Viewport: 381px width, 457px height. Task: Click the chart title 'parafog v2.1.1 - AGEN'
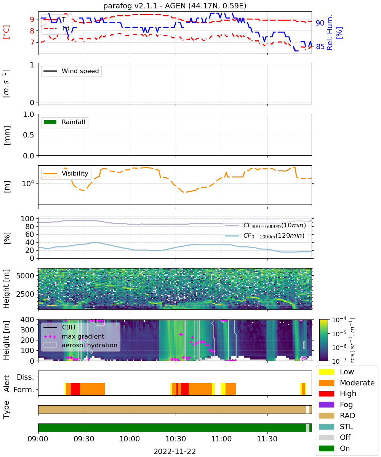[144, 6]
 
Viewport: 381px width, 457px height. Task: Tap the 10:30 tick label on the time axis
[176, 439]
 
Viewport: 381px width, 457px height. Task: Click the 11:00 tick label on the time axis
[221, 439]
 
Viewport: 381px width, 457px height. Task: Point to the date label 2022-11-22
[175, 451]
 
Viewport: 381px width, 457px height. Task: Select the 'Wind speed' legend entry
[71, 71]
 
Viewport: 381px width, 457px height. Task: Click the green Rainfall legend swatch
[50, 122]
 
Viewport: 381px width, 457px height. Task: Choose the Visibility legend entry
[66, 173]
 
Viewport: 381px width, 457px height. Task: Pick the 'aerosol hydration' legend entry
[80, 345]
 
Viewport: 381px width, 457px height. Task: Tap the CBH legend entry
[59, 327]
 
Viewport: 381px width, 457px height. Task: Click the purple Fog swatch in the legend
[326, 404]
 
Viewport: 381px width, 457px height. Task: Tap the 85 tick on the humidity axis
[320, 46]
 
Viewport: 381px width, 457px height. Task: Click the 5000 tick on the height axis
[25, 276]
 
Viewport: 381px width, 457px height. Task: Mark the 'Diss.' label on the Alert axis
[26, 377]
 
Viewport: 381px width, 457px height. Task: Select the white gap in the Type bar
[307, 409]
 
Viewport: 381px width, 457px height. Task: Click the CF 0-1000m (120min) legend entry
[264, 236]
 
